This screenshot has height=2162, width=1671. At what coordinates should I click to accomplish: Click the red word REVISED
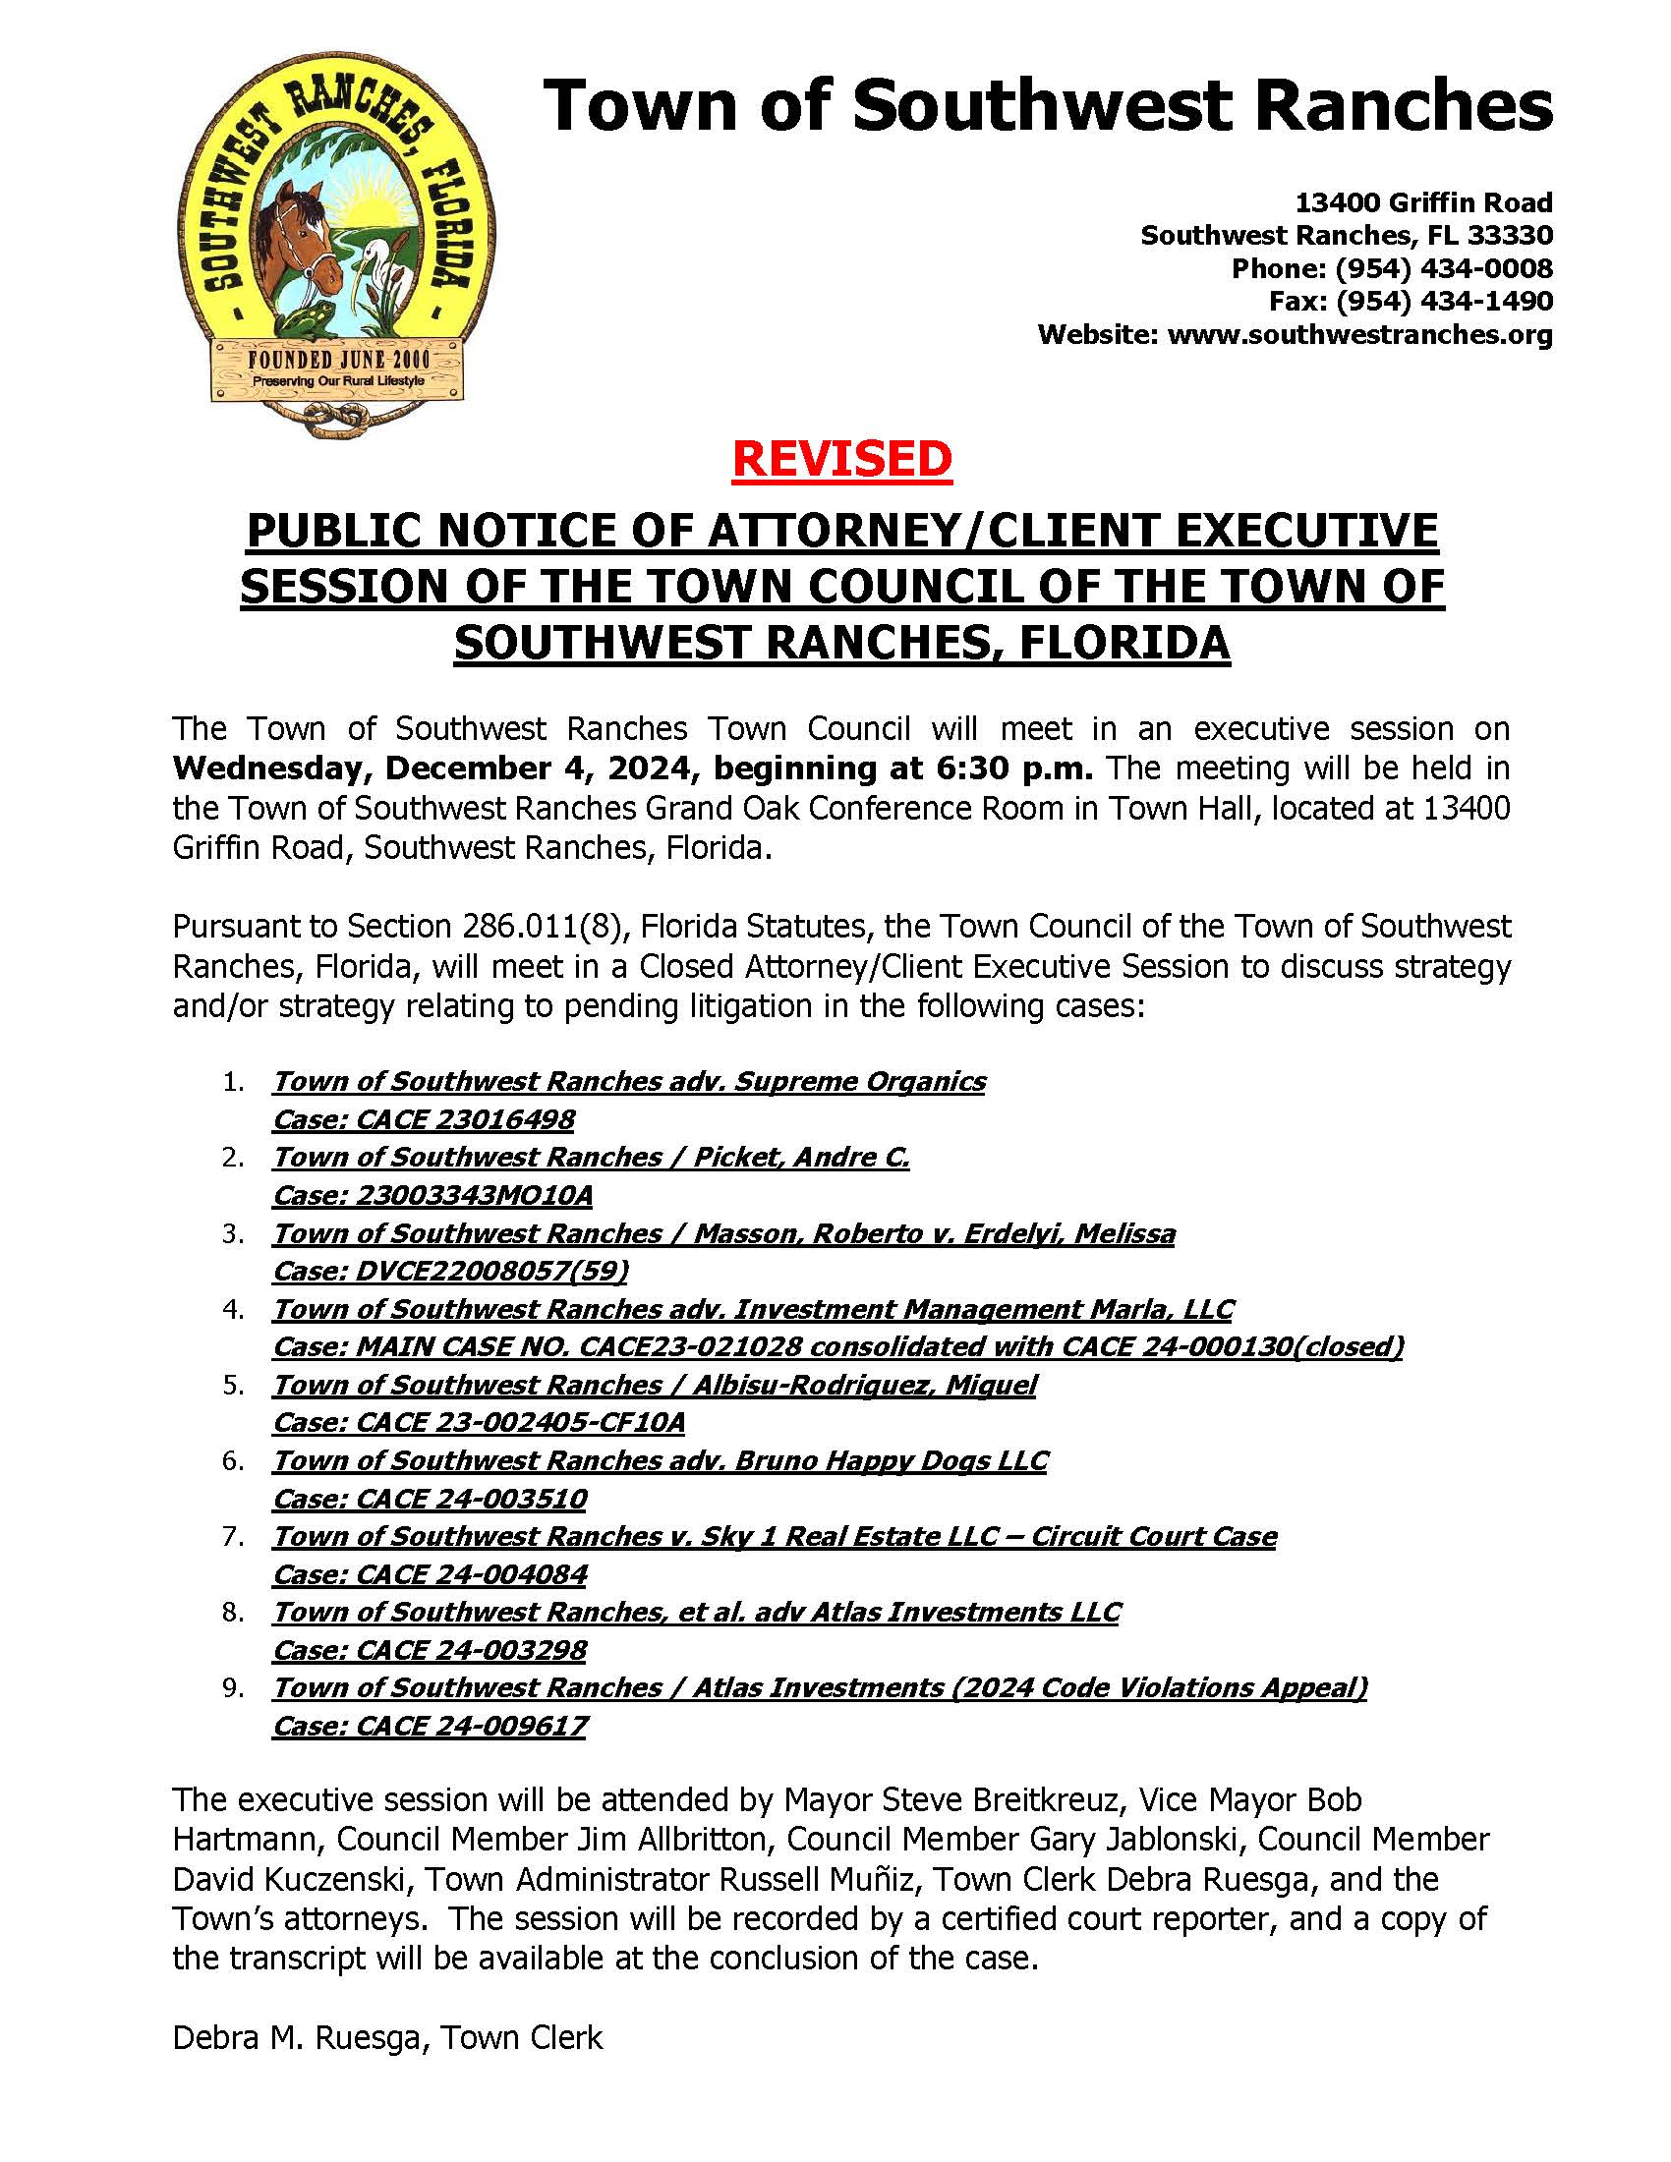[841, 459]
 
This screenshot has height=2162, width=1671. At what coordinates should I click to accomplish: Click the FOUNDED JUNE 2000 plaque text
[338, 360]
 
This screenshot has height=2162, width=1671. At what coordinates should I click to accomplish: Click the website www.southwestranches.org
[1359, 334]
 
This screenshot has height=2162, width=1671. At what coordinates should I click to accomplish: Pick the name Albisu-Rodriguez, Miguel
[864, 1385]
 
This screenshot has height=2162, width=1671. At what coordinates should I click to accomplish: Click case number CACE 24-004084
[471, 1574]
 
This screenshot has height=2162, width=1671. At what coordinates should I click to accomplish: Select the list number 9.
[233, 1688]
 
